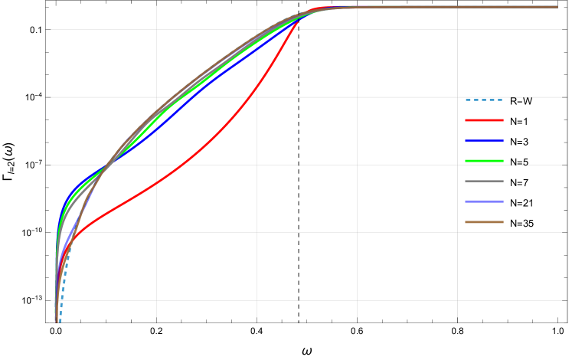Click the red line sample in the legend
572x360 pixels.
pos(484,120)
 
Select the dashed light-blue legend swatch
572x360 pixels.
pos(484,100)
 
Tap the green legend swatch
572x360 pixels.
pos(484,161)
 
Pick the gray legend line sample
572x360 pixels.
pos(484,182)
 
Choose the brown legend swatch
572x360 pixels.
pos(484,222)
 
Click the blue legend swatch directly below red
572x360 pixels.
pos(484,141)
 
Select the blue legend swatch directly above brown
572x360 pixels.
pos(484,201)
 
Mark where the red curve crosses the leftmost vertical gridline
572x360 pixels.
pos(156,183)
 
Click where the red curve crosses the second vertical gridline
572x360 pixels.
pos(257,88)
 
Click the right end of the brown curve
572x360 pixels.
pos(557,7)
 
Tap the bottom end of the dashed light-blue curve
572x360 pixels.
pos(60,322)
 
